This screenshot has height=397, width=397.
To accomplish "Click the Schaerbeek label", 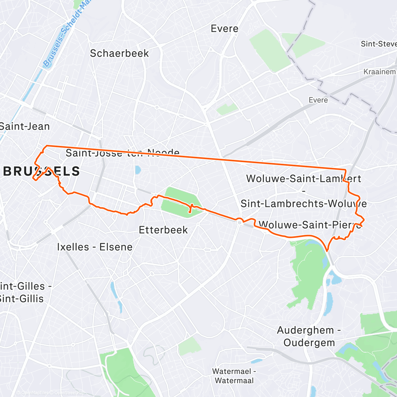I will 119,53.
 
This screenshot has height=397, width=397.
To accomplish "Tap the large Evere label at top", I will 225,29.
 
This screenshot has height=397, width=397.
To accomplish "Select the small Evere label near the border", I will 318,100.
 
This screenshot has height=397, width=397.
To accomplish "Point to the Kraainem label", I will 379,72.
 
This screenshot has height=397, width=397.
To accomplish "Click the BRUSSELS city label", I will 41,171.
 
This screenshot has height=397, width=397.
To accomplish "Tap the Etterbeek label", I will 163,230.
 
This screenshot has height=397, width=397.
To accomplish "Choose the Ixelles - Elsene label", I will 95,247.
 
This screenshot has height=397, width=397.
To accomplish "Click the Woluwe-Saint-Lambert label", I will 303,179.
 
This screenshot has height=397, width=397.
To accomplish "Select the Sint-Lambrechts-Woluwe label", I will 303,203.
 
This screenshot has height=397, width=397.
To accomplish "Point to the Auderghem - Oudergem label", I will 309,336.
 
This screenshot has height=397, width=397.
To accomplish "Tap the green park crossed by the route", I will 180,202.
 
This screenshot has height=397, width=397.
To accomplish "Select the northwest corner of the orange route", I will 46,146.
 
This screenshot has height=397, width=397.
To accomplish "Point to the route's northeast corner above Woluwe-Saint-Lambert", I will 345,170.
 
